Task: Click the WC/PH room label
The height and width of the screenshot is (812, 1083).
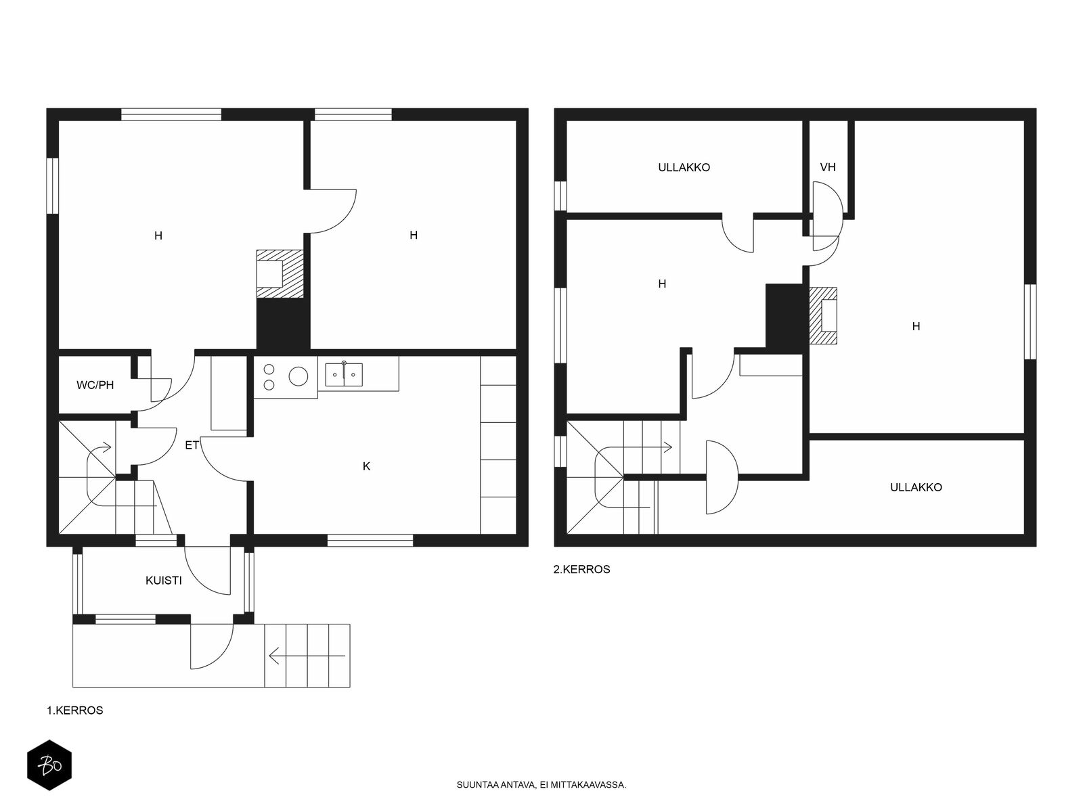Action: [x=95, y=385]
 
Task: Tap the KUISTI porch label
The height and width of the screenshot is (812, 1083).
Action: [x=163, y=581]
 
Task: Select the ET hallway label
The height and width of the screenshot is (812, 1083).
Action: [x=192, y=445]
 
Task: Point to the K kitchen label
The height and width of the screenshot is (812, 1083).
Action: [x=366, y=466]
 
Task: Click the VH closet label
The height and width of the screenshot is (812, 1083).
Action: [x=827, y=167]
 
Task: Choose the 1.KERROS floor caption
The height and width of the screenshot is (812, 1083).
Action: [x=75, y=710]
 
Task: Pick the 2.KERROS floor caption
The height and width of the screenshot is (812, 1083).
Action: [x=581, y=570]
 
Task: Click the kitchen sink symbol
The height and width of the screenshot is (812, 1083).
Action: [x=344, y=374]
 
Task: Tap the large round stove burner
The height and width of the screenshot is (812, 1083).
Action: [x=298, y=377]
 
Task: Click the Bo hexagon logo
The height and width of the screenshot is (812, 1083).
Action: [x=49, y=765]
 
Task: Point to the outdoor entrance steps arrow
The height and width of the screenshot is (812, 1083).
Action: [x=307, y=656]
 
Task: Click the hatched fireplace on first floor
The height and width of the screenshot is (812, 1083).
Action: [x=280, y=274]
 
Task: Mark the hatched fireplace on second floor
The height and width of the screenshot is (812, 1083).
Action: [x=823, y=315]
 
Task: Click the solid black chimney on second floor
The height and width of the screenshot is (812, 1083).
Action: [x=787, y=317]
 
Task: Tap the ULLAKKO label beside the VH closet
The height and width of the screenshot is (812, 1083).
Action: [x=684, y=168]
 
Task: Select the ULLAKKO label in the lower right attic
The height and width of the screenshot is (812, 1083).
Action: [x=916, y=488]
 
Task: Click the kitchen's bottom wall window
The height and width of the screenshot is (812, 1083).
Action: [x=370, y=541]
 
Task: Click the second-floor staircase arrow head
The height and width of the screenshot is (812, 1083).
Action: [x=668, y=448]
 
